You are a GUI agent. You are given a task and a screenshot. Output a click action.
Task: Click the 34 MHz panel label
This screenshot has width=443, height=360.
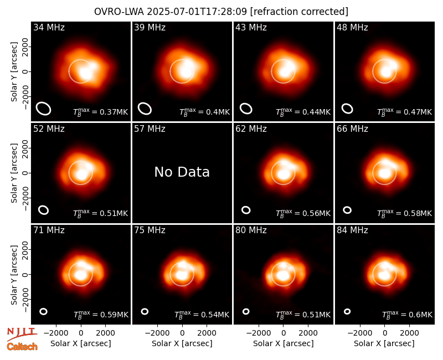click(49, 27)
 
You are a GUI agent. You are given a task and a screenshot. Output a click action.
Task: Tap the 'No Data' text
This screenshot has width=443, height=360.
click(182, 172)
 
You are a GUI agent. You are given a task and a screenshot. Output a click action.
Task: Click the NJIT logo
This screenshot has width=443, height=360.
click(22, 333)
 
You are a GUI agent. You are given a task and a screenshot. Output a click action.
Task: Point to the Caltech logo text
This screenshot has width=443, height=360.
click(22, 347)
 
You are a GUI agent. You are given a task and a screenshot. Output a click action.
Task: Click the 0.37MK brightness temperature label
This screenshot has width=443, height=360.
click(101, 112)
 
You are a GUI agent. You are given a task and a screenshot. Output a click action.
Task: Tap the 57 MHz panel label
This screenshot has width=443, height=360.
click(150, 129)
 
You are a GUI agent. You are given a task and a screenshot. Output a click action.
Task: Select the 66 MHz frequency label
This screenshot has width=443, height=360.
click(352, 129)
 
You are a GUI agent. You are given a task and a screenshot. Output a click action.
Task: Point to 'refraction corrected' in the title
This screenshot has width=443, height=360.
click(299, 12)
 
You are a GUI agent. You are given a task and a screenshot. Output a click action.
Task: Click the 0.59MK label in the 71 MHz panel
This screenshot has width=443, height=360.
click(101, 315)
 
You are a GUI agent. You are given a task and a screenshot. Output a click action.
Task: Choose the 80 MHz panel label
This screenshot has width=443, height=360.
click(251, 230)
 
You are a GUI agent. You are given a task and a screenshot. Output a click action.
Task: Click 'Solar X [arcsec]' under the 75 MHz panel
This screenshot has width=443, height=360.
click(182, 343)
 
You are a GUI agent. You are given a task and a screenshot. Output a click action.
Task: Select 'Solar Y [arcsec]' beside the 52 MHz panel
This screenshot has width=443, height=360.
click(14, 173)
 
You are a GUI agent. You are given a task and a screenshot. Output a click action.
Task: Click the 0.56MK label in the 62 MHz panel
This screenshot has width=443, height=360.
click(303, 213)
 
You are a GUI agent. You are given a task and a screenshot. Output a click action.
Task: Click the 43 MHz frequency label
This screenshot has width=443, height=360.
click(251, 27)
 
